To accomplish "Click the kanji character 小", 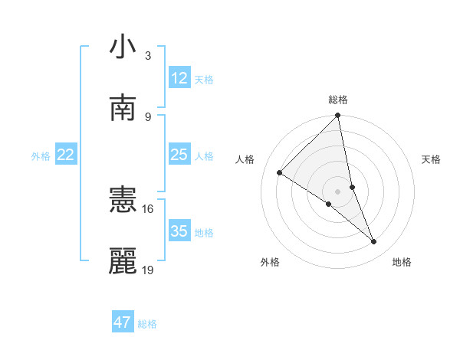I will [x=123, y=47].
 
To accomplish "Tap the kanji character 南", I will [x=123, y=108].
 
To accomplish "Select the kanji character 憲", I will [x=123, y=200].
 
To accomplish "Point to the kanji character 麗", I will [x=123, y=261].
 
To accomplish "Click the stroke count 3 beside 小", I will [x=148, y=56].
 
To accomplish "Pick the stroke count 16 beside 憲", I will [x=148, y=208].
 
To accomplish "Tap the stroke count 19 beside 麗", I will [x=148, y=270].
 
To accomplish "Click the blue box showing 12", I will [x=179, y=78].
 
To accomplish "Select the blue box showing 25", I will [x=179, y=155].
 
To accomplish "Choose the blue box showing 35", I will [x=179, y=231].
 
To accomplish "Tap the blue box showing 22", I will [x=66, y=155].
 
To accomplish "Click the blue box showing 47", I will [x=123, y=322].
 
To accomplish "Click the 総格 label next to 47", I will [x=147, y=324].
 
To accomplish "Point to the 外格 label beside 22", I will [x=41, y=156].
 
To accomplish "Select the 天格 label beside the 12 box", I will [x=204, y=80].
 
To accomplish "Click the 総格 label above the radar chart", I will [x=338, y=100].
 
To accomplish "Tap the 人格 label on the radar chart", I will [x=245, y=159].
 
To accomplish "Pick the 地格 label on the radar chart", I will [x=402, y=262].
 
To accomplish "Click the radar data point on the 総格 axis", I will [x=338, y=116].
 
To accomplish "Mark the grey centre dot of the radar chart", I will [x=338, y=191].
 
